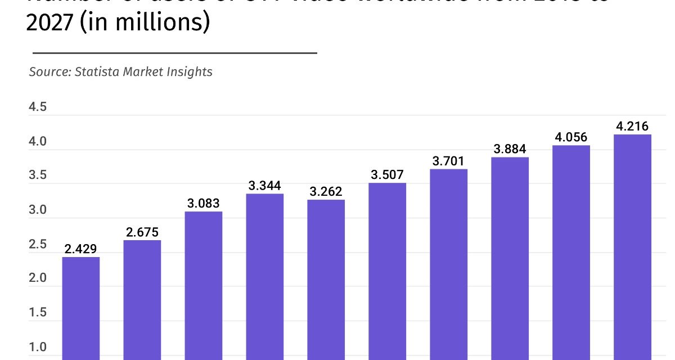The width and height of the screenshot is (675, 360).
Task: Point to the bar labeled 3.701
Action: tap(448, 264)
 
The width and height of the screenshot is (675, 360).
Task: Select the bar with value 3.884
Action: tap(510, 258)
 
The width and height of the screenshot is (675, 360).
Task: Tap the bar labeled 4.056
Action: tap(571, 253)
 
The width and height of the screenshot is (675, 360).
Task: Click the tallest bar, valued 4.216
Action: tap(632, 247)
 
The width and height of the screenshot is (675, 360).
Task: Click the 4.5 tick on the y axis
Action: tap(38, 107)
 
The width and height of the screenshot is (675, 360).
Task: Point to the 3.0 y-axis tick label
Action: tap(38, 210)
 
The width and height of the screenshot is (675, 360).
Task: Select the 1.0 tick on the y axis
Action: tap(38, 347)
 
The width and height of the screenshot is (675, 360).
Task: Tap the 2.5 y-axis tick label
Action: tap(38, 245)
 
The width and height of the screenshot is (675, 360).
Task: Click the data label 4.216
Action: tap(632, 126)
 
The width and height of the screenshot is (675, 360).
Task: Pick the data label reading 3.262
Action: tap(326, 191)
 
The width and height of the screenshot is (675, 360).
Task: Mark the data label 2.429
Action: tap(80, 249)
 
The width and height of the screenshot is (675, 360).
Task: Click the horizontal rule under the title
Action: tap(175, 53)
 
